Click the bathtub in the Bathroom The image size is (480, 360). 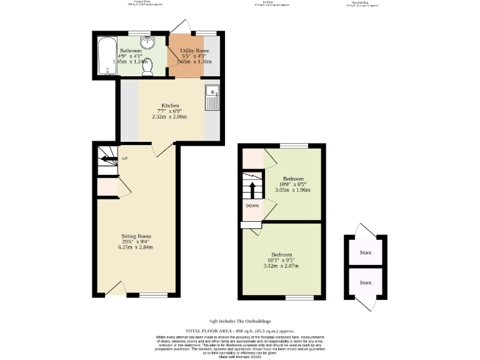[x=104, y=56]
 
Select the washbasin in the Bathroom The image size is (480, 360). [x=149, y=42]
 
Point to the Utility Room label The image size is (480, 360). [x=194, y=50]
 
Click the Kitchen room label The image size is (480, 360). [x=170, y=106]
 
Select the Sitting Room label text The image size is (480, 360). [x=136, y=236]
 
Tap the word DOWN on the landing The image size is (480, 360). [x=252, y=206]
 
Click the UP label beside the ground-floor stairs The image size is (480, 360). [x=124, y=159]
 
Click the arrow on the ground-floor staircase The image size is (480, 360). [x=108, y=160]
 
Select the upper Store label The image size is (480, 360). [x=365, y=253]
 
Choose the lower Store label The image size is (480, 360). [x=365, y=282]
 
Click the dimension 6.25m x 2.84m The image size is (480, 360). [x=136, y=247]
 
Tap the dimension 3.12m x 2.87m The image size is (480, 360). [x=282, y=266]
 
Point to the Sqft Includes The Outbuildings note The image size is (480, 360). [x=240, y=321]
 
